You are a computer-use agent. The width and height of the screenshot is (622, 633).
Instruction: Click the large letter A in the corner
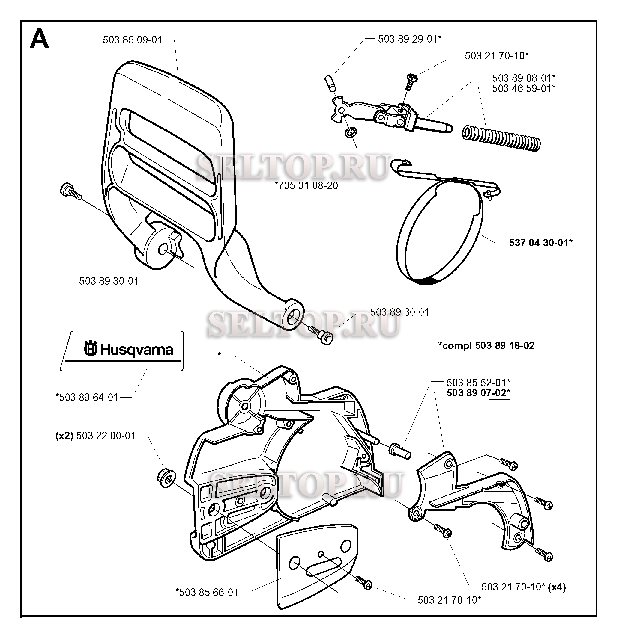pos(40,39)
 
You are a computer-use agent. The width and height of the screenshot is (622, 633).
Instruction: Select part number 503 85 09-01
pos(133,40)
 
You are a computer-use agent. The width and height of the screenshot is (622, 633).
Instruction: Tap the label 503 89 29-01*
pos(410,39)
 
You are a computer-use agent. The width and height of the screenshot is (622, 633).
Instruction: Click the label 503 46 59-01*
pos(524,88)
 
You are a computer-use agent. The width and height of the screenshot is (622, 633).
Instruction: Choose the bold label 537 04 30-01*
pos(541,242)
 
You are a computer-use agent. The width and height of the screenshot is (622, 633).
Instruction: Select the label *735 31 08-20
pos(307,186)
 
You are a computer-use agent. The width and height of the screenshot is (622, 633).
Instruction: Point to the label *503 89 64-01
pos(87,398)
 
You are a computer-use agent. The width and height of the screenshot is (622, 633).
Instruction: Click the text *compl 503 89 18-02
pos(486,345)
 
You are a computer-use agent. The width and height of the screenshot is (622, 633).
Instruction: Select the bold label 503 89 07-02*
pos(479,392)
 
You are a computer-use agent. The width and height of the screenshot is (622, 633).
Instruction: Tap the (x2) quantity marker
pos(64,436)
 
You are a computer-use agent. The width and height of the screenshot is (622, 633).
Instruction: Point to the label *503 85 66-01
pos(207,592)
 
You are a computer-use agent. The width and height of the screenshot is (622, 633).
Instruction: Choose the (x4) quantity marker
pos(557,587)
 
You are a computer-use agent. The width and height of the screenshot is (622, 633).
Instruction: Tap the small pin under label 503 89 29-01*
pos(330,84)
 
